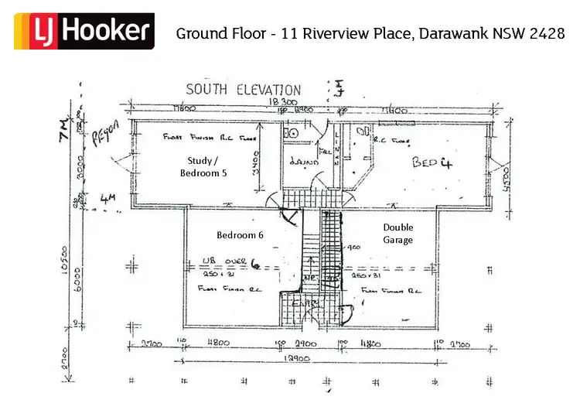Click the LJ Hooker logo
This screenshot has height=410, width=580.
[84, 31]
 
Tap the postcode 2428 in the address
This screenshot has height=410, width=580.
[547, 33]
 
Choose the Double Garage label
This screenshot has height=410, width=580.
[398, 234]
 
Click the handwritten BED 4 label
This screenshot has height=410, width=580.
[431, 163]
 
